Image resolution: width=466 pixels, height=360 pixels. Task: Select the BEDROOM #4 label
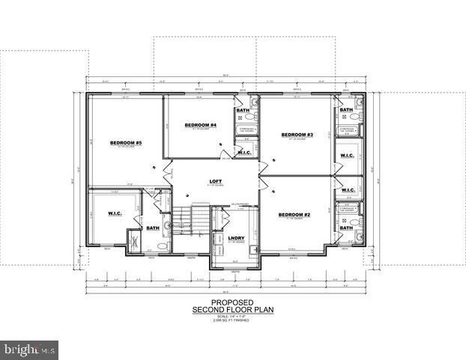tap(203, 125)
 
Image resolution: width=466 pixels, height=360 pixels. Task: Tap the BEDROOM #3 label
tap(297, 135)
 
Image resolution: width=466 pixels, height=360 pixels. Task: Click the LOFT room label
tap(216, 180)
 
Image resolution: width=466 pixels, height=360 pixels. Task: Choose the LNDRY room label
tap(236, 238)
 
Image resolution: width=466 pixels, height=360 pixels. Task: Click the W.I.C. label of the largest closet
tap(115, 214)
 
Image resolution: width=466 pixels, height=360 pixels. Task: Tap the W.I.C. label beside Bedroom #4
tap(245, 153)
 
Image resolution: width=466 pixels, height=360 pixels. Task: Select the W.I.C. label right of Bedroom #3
tap(347, 156)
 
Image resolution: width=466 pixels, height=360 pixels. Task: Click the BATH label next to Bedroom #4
tap(243, 111)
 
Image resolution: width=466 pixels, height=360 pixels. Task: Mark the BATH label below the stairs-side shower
tap(153, 228)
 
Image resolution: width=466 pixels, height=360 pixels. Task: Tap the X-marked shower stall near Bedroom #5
tap(136, 240)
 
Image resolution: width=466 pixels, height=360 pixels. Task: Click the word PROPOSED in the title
tap(232, 303)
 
